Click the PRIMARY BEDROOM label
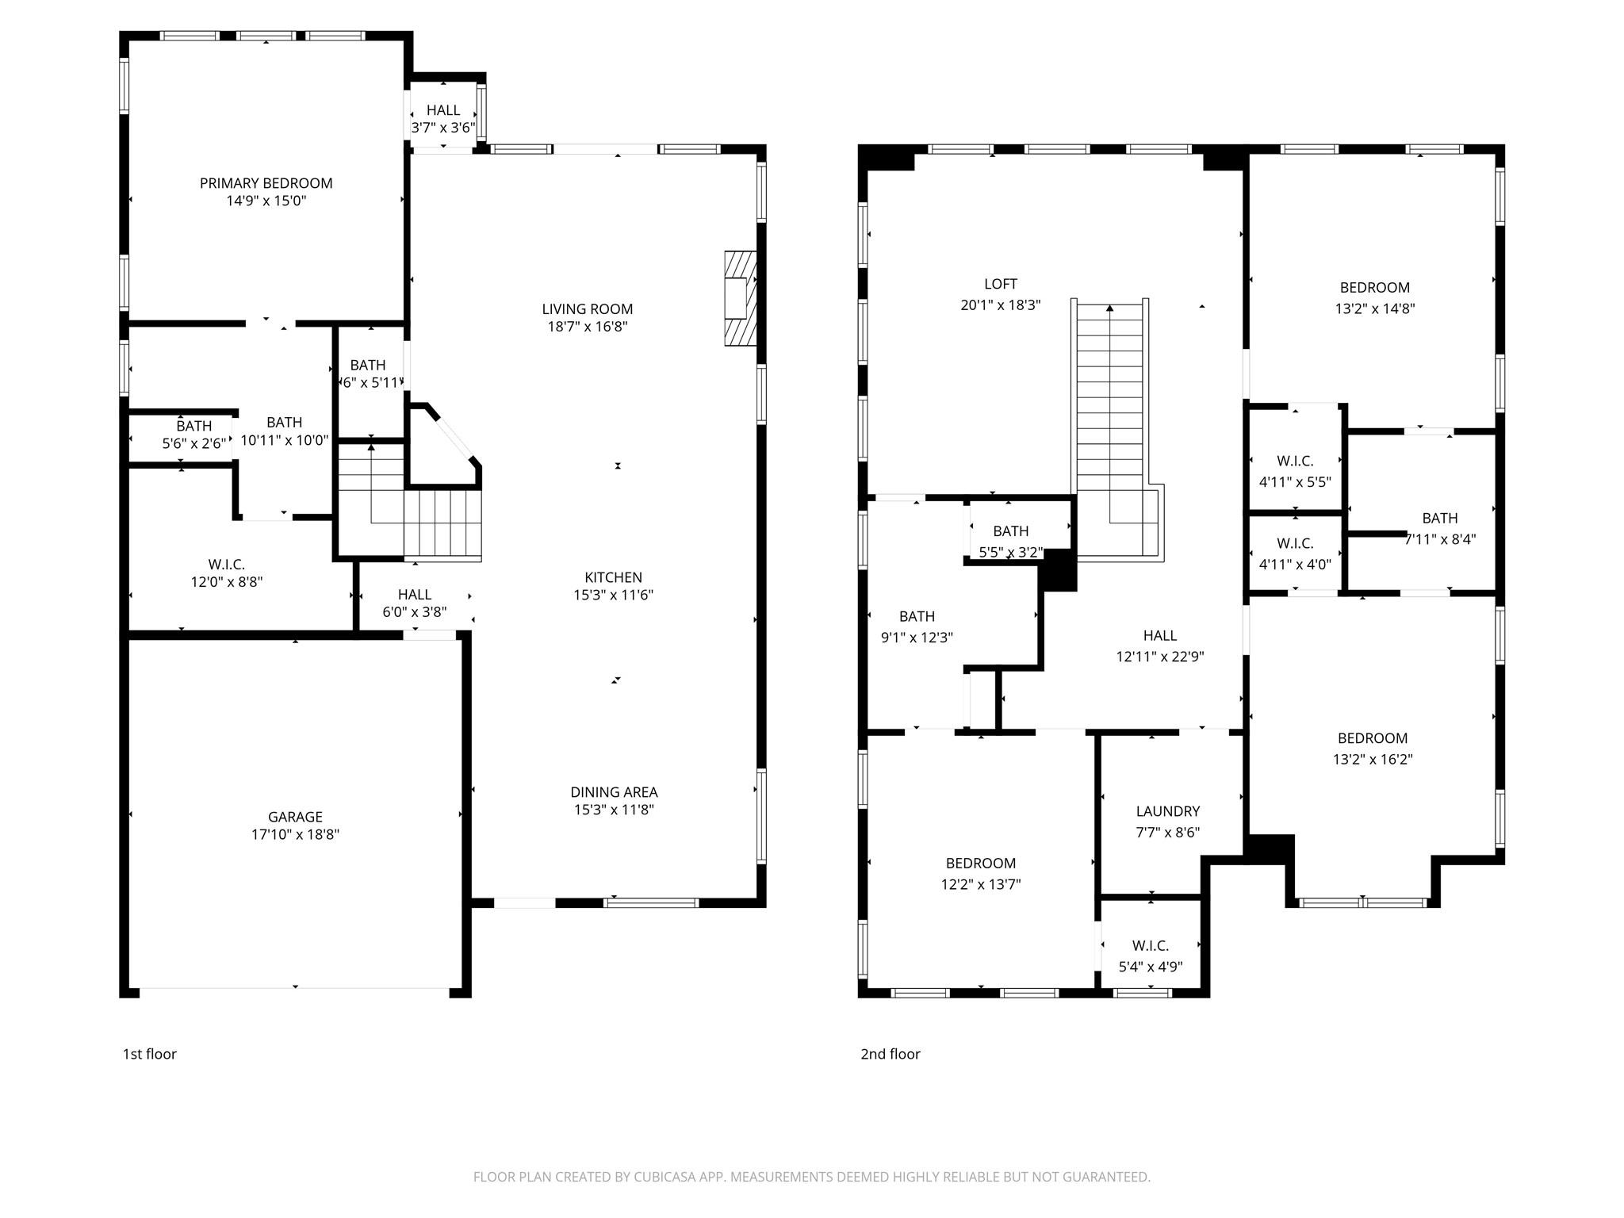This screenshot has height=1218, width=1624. click(x=266, y=183)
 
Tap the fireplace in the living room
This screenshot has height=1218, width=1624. click(x=740, y=298)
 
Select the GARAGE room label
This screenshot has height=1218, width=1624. click(x=295, y=817)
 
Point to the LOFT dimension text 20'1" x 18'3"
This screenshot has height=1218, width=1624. click(x=1001, y=304)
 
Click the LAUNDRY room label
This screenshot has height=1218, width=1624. click(x=1168, y=811)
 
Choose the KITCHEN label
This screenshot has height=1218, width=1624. click(x=614, y=577)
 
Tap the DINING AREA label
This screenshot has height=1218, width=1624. click(x=614, y=792)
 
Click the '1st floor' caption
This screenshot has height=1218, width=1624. click(x=149, y=1054)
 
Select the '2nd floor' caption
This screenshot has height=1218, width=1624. click(x=891, y=1054)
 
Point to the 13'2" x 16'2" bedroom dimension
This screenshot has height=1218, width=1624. click(x=1373, y=759)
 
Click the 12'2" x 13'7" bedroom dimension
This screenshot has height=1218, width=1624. click(x=981, y=884)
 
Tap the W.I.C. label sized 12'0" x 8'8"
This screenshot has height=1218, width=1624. click(x=227, y=565)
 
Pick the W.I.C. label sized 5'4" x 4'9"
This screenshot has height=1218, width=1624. click(x=1151, y=946)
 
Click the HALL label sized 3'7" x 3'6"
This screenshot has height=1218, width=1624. click(x=443, y=110)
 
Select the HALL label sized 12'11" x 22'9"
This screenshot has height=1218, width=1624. click(x=1160, y=635)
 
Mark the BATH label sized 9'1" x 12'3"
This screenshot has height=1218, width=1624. click(x=917, y=616)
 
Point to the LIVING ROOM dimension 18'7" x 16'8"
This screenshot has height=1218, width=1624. click(x=588, y=327)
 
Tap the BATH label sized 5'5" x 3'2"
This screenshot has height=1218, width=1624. click(x=1011, y=531)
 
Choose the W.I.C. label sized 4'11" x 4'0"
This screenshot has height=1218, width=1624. click(x=1295, y=543)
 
